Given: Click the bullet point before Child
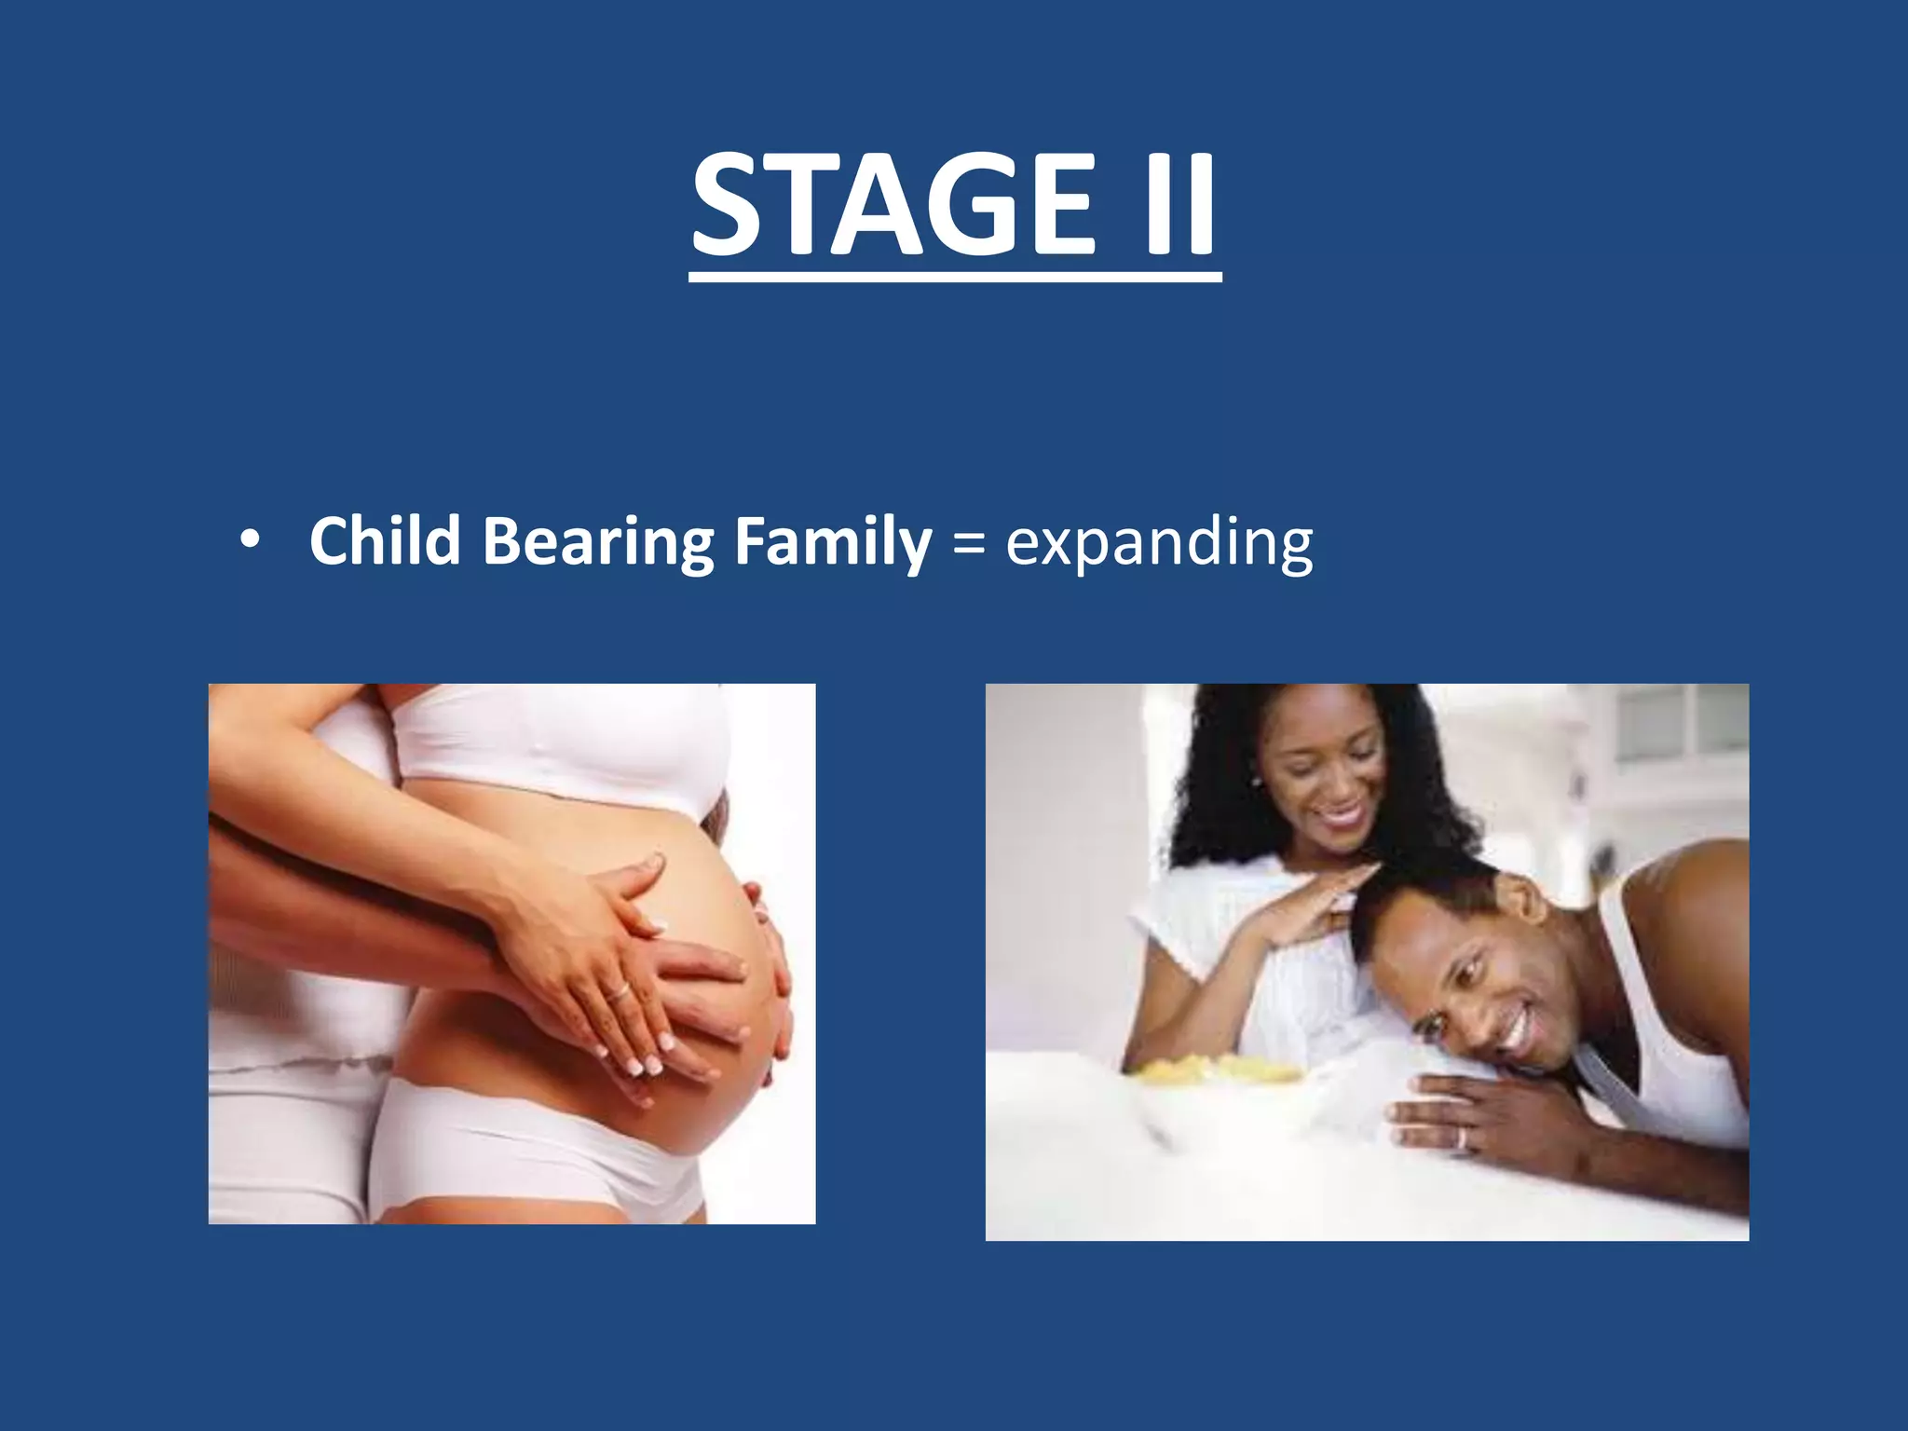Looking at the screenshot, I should (249, 542).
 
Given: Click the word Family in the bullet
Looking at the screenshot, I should (832, 542).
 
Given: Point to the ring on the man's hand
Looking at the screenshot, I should (1461, 1138).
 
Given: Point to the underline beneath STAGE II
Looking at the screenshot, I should (955, 277).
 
